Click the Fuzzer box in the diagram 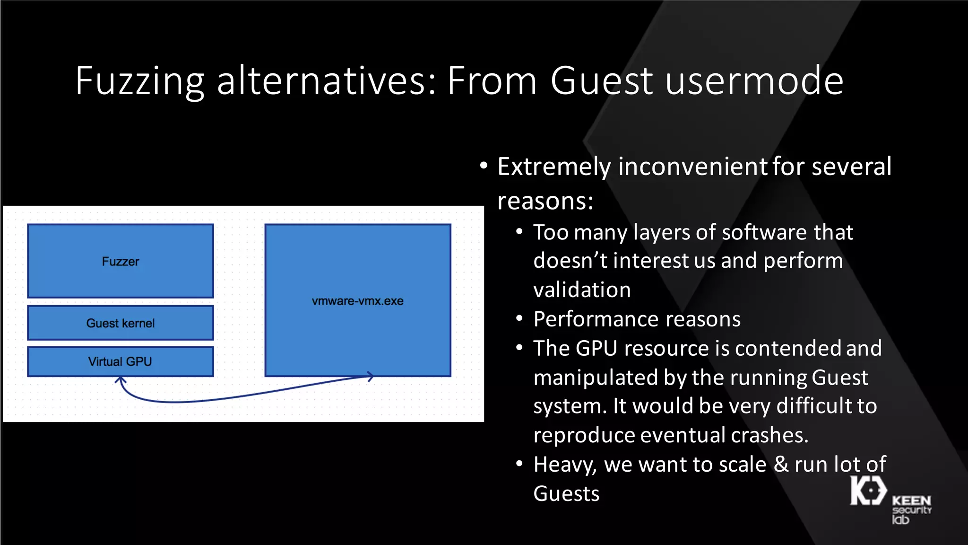click(x=121, y=261)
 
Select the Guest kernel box click(x=121, y=323)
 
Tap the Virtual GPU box click(x=121, y=362)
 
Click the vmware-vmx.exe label click(x=358, y=301)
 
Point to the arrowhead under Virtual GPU click(x=121, y=379)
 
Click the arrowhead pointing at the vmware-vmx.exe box click(x=370, y=377)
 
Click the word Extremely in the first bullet click(x=554, y=167)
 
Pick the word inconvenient click(x=692, y=167)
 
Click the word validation click(x=582, y=290)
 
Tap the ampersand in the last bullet click(x=781, y=464)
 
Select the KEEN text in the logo click(x=911, y=501)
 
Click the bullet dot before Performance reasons click(x=519, y=319)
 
